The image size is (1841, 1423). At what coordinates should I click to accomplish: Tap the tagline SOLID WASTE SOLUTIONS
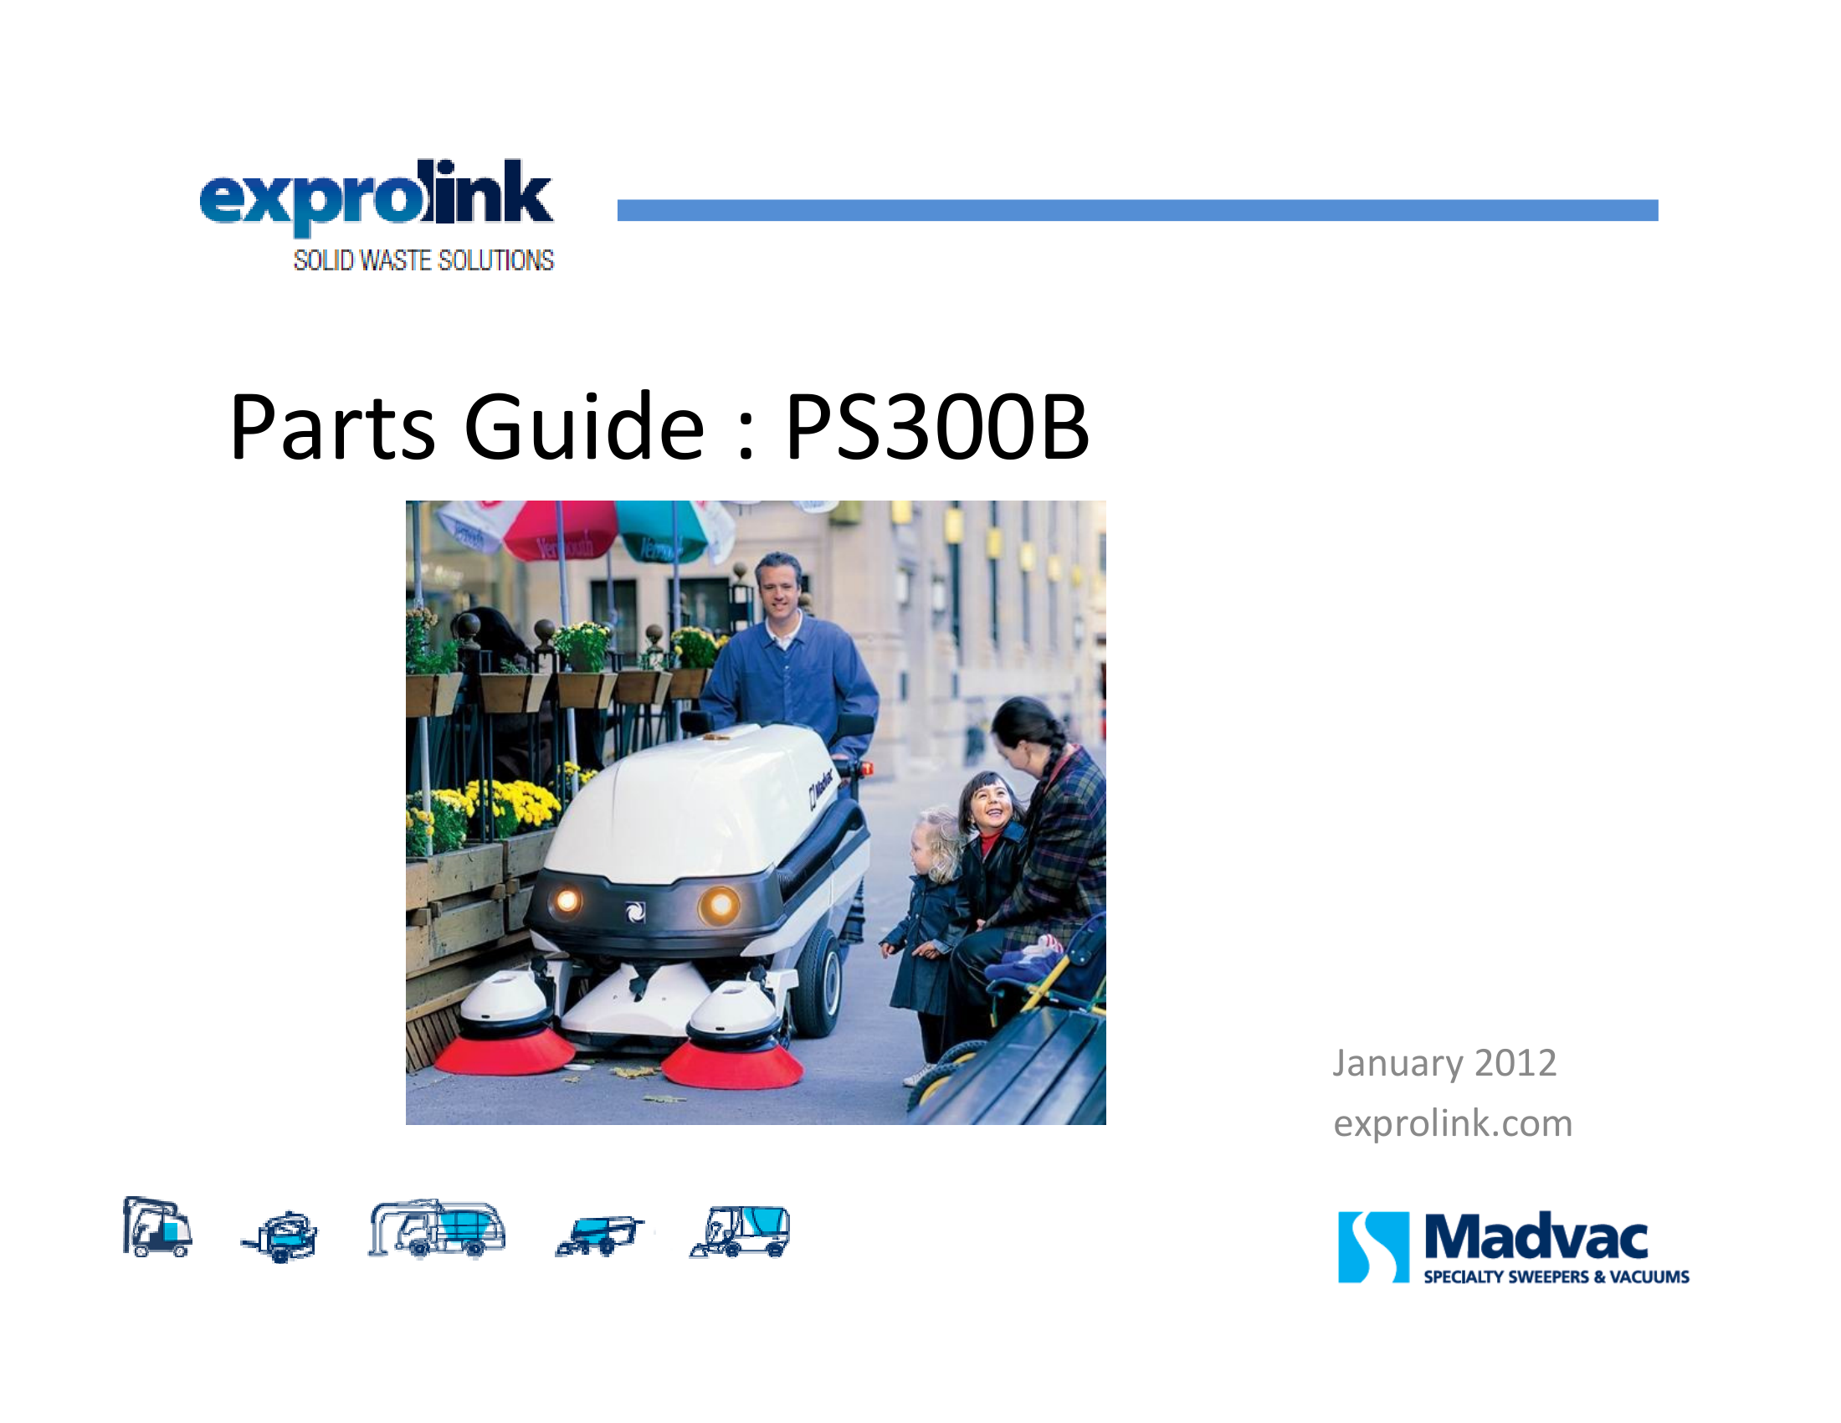423,260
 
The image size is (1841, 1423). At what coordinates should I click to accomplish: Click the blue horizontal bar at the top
1137,210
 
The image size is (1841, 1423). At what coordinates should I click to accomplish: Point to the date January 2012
1444,1063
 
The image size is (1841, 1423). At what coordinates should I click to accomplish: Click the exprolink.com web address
1453,1122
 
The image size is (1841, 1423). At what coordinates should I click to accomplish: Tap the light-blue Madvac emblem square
1373,1247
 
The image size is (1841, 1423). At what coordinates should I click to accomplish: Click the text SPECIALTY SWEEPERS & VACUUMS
1556,1277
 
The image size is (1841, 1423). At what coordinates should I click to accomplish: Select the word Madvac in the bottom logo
1536,1237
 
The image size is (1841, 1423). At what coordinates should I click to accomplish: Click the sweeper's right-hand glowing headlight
719,906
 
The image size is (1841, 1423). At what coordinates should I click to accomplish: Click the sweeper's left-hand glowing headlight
567,902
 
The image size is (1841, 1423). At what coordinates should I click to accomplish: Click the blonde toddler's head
936,842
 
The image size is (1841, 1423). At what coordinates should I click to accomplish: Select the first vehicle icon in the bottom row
156,1226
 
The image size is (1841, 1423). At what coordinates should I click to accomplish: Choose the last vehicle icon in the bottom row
740,1231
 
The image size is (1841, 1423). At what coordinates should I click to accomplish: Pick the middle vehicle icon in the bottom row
437,1229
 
